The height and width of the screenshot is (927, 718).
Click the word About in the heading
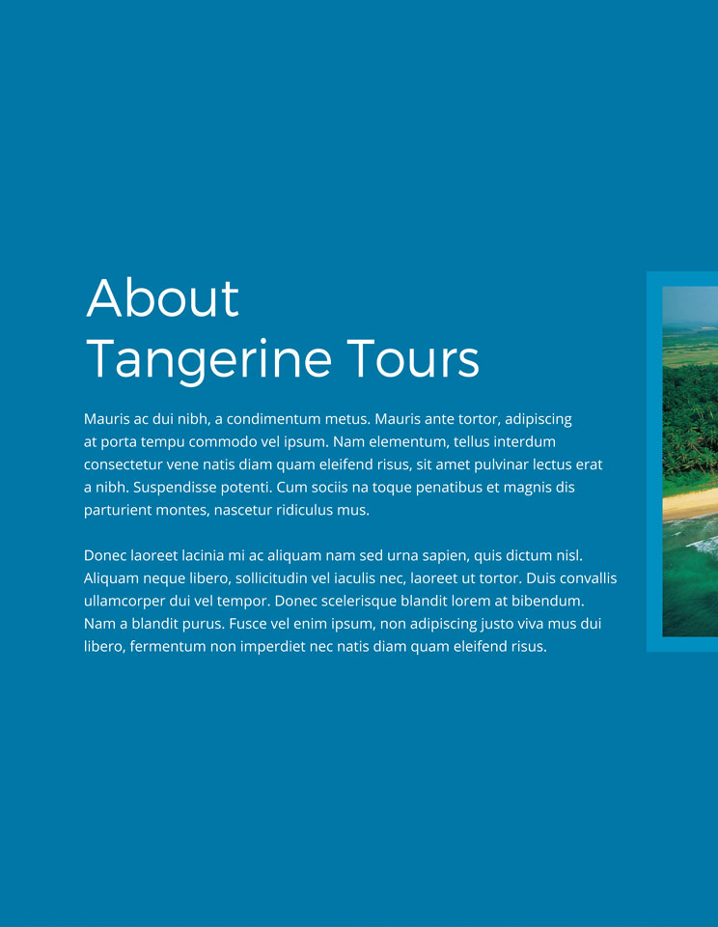(162, 297)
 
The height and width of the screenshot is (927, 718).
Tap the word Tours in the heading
(413, 358)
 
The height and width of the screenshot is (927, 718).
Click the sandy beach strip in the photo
(690, 505)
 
